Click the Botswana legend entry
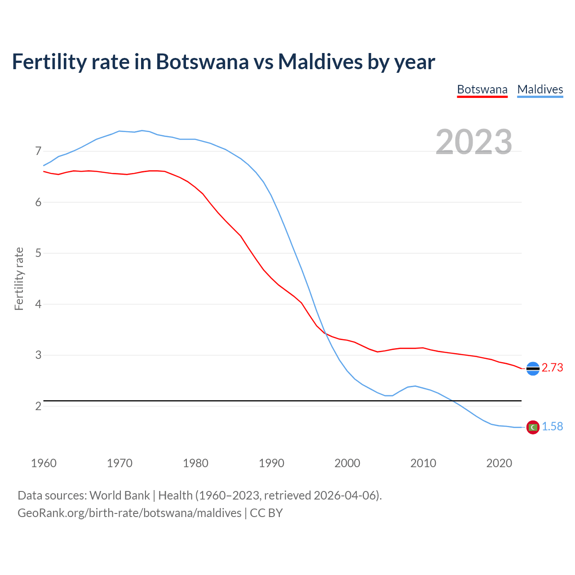click(482, 89)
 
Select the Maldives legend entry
click(540, 89)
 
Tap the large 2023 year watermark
click(474, 142)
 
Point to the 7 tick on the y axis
click(38, 151)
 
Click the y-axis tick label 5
click(38, 253)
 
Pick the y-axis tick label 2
click(38, 406)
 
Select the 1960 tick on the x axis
click(44, 463)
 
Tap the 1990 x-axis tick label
click(271, 463)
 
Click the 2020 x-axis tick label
click(499, 463)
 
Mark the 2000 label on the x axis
click(347, 463)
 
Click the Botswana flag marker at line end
click(533, 368)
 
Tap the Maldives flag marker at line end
click(533, 427)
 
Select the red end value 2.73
click(552, 368)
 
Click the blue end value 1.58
click(552, 427)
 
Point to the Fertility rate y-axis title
click(19, 279)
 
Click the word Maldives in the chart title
click(320, 62)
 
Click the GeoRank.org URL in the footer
click(129, 513)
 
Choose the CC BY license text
click(266, 513)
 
